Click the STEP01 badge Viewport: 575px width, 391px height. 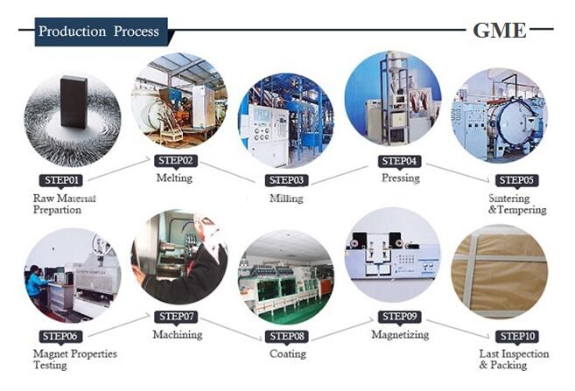point(61,180)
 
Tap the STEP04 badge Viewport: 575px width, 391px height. point(399,161)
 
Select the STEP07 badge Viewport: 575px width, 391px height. point(176,317)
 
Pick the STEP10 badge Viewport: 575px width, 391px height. point(517,336)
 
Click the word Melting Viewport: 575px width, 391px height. point(174,178)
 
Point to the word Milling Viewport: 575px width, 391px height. point(286,199)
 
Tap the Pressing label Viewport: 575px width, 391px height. point(401,178)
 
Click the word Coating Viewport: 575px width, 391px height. point(288,354)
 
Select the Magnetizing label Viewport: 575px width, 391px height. point(400,334)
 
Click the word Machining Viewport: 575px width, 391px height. point(178,334)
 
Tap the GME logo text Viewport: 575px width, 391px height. point(500,31)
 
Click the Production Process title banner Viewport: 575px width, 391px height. point(102,31)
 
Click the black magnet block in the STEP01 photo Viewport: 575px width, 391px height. point(74,101)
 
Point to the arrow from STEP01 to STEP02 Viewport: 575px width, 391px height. point(119,169)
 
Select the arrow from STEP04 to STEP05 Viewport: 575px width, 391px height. point(458,172)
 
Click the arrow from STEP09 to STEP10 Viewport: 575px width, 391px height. point(458,329)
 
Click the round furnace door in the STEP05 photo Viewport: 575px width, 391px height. point(514,120)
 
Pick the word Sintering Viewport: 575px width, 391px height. point(509,199)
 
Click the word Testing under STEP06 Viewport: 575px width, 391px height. point(50,366)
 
